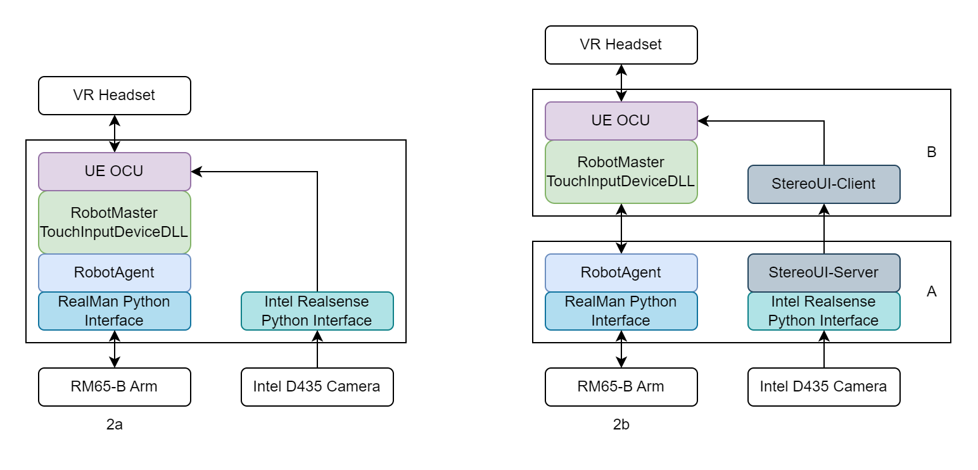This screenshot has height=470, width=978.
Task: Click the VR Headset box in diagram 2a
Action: click(114, 96)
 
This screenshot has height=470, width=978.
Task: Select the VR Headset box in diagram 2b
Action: click(621, 45)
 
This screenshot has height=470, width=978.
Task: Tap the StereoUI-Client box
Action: click(823, 184)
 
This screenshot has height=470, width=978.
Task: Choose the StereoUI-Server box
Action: click(823, 273)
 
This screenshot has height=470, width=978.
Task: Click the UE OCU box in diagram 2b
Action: click(621, 121)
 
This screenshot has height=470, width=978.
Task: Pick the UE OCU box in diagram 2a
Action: click(114, 172)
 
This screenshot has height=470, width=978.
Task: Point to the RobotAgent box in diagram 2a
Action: click(114, 273)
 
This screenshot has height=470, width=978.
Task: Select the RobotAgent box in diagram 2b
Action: click(621, 273)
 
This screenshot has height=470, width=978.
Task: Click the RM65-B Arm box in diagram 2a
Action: click(114, 386)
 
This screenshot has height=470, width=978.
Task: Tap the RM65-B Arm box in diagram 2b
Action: click(621, 386)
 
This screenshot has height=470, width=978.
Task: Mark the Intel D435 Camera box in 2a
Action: click(317, 386)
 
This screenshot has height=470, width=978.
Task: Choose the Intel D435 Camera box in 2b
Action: click(823, 386)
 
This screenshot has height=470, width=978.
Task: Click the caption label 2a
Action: click(115, 425)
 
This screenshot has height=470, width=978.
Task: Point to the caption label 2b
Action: click(621, 425)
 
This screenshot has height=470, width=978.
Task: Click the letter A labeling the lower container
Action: click(931, 292)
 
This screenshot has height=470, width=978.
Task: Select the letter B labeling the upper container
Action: click(931, 153)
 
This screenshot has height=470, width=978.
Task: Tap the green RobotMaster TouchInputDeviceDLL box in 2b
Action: click(621, 172)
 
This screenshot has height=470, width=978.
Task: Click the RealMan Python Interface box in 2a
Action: click(114, 311)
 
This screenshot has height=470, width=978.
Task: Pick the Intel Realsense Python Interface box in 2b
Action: click(823, 311)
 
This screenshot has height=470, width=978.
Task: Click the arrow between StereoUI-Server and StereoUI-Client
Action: click(823, 229)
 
